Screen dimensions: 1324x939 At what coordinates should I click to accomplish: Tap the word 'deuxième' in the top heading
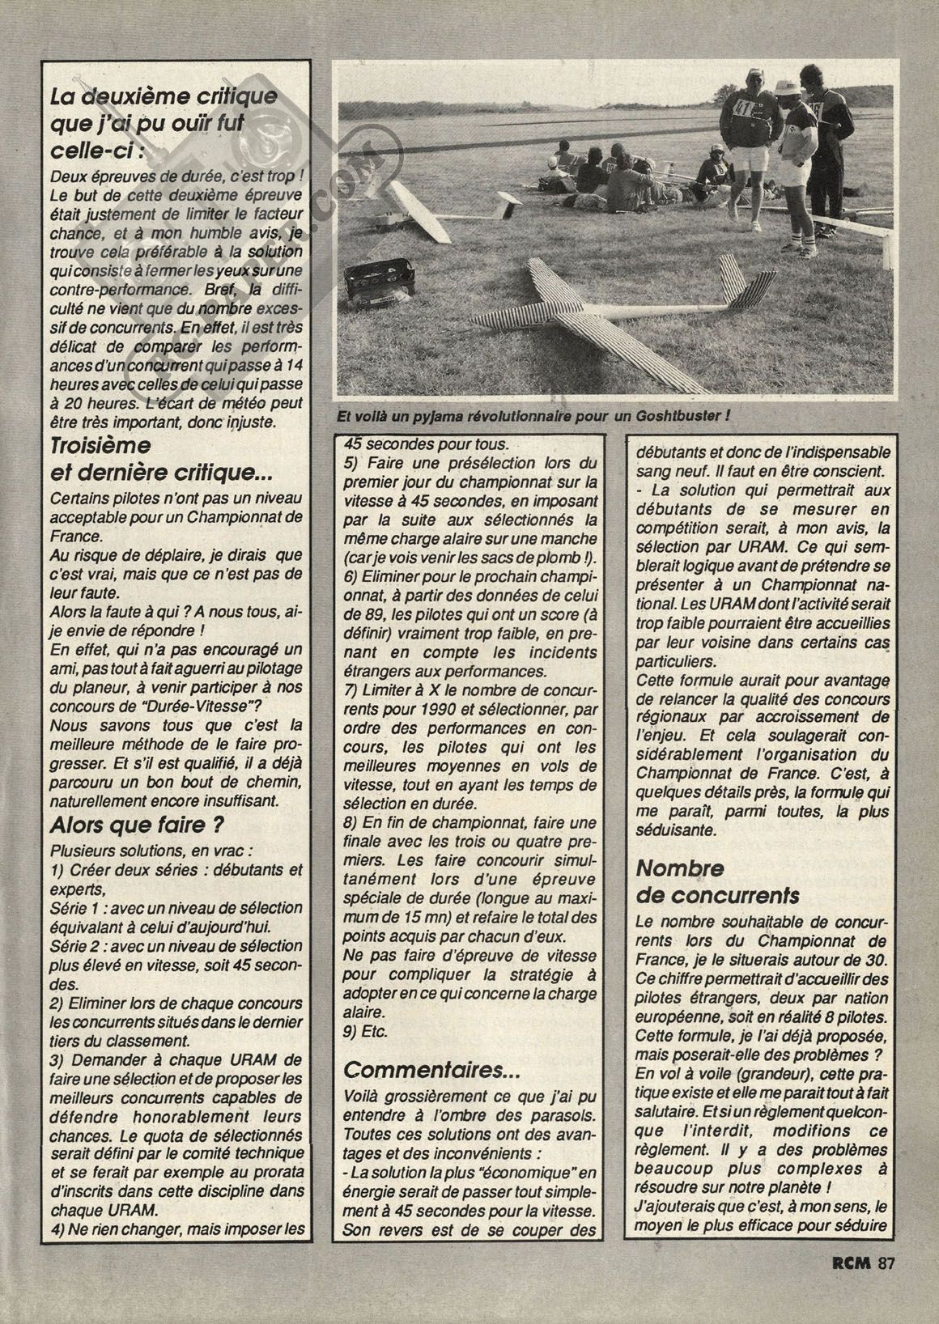[x=131, y=96]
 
